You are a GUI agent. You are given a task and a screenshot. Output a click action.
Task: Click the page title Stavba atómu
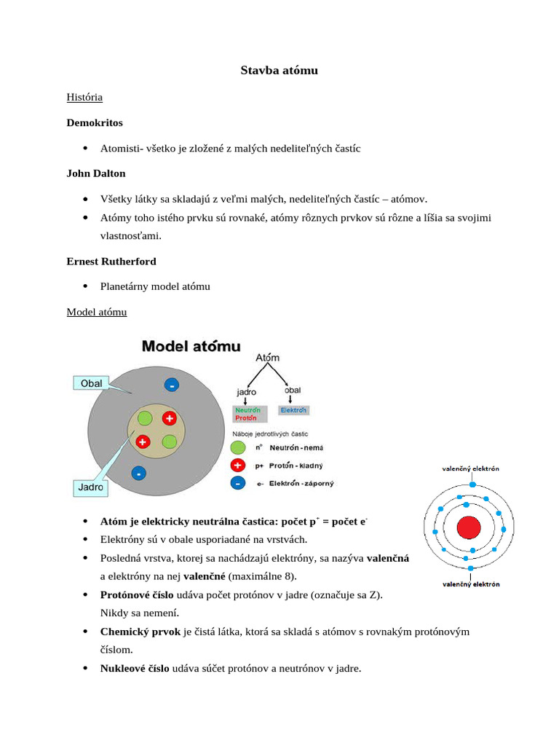[279, 71]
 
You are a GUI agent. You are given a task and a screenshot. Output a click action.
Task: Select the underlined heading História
[84, 97]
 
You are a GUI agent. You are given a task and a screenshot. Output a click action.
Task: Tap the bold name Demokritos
[95, 123]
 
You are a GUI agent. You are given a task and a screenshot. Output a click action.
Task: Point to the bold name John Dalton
[95, 173]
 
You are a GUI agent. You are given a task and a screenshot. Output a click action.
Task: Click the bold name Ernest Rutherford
[111, 261]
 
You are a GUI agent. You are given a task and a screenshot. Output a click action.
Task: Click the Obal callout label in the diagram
[91, 382]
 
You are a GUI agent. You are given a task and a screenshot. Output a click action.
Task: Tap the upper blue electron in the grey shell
[171, 384]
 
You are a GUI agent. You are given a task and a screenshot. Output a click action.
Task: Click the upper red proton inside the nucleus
[169, 418]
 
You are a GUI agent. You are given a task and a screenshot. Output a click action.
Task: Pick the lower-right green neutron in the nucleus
[170, 441]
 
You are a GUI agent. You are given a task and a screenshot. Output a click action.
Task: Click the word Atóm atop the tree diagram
[267, 358]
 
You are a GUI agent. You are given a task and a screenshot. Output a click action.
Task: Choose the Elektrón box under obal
[294, 410]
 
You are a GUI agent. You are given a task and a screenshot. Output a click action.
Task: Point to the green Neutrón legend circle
[238, 448]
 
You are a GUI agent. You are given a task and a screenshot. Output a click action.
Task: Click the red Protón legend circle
[238, 466]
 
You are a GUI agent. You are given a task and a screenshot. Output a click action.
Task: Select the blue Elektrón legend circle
[238, 483]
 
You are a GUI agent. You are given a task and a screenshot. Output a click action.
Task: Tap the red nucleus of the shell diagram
[469, 527]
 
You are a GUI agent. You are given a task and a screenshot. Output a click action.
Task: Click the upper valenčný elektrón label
[470, 470]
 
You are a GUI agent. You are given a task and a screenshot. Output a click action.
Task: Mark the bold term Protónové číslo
[137, 594]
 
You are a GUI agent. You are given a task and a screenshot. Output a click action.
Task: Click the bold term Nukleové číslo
[135, 667]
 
